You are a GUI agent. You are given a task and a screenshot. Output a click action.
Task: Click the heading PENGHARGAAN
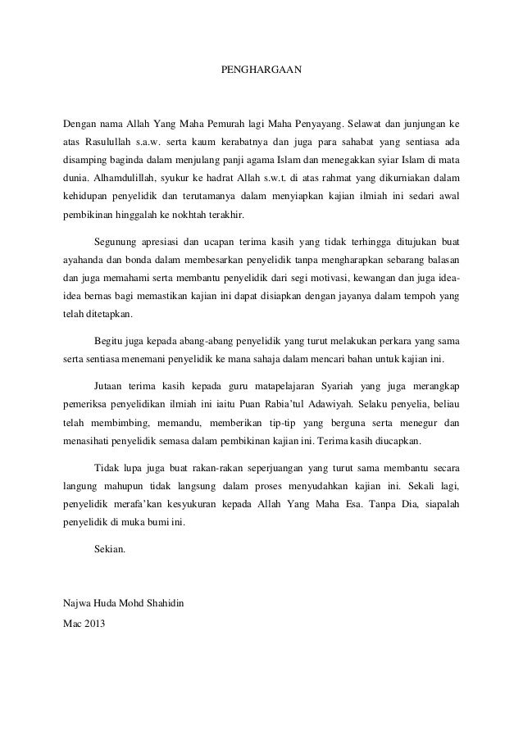coord(261,71)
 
